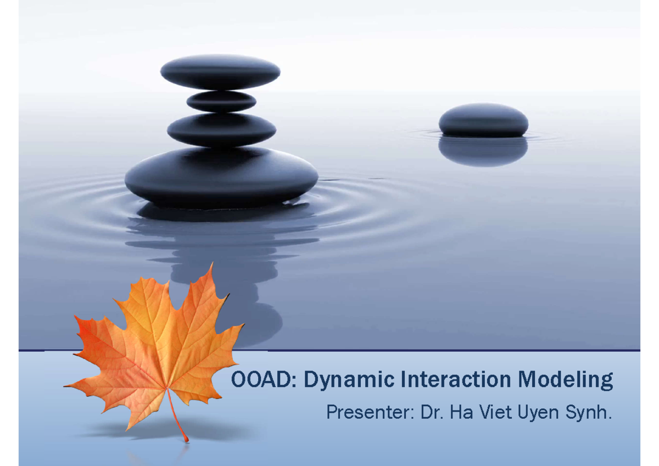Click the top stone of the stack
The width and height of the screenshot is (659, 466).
point(220,72)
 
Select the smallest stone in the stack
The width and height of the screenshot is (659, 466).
point(221,102)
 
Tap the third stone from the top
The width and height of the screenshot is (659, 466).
point(221,130)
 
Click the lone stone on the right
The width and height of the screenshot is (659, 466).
point(483,120)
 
